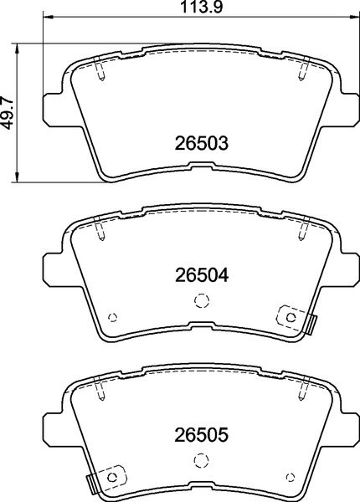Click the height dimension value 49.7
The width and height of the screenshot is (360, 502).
pyautogui.click(x=8, y=110)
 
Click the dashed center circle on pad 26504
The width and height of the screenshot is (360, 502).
pyautogui.click(x=199, y=301)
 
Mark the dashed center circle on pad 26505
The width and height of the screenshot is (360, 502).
pyautogui.click(x=199, y=460)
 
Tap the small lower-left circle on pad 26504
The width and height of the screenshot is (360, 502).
pyautogui.click(x=113, y=317)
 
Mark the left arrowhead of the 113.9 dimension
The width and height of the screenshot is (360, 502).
pyautogui.click(x=46, y=16)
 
